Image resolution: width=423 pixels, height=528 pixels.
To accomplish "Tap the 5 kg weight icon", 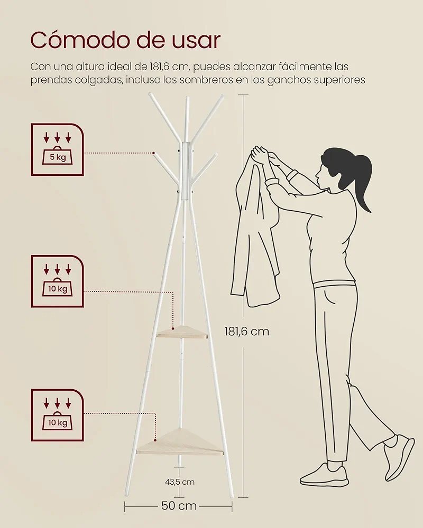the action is tap(57, 149).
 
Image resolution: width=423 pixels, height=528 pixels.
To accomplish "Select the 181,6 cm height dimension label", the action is tap(247, 332).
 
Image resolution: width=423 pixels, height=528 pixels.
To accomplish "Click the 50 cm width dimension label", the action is tap(179, 506).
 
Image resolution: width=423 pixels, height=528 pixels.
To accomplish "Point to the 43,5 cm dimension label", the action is tap(180, 482).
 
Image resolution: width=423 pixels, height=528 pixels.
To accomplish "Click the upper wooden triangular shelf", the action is tap(182, 332).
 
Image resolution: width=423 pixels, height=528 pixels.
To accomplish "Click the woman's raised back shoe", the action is tap(399, 457).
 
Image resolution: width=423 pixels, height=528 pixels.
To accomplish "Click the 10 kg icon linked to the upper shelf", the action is tap(57, 281).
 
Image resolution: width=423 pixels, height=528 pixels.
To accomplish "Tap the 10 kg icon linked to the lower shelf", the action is tap(57, 415).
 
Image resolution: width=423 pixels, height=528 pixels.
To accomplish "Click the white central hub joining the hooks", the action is tap(186, 171).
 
